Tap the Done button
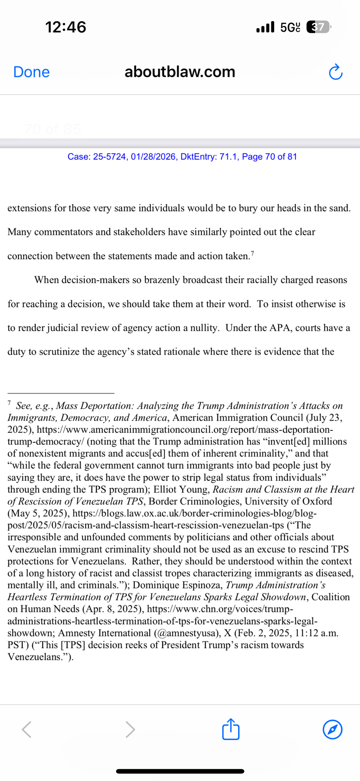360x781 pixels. click(x=31, y=72)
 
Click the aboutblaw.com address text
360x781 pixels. click(x=180, y=72)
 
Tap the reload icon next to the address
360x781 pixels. click(x=335, y=72)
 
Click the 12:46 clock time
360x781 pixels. click(x=66, y=27)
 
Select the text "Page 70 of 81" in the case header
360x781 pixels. click(x=269, y=157)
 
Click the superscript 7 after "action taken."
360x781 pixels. click(x=252, y=254)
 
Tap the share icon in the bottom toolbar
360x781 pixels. click(x=230, y=729)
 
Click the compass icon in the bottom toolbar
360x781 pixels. click(x=333, y=729)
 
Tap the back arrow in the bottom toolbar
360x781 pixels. click(x=27, y=729)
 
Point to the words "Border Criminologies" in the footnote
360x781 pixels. click(x=194, y=501)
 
